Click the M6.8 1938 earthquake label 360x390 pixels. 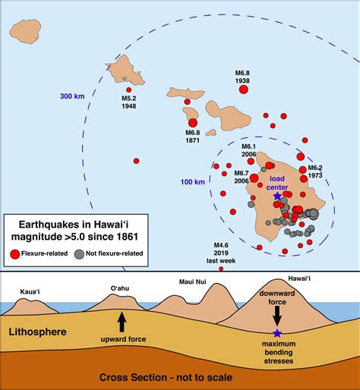click(243, 77)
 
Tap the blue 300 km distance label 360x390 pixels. click(73, 96)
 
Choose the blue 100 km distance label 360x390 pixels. click(194, 183)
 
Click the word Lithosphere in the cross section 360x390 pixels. click(42, 332)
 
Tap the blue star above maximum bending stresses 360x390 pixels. click(277, 335)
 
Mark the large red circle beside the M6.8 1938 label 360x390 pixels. click(244, 90)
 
